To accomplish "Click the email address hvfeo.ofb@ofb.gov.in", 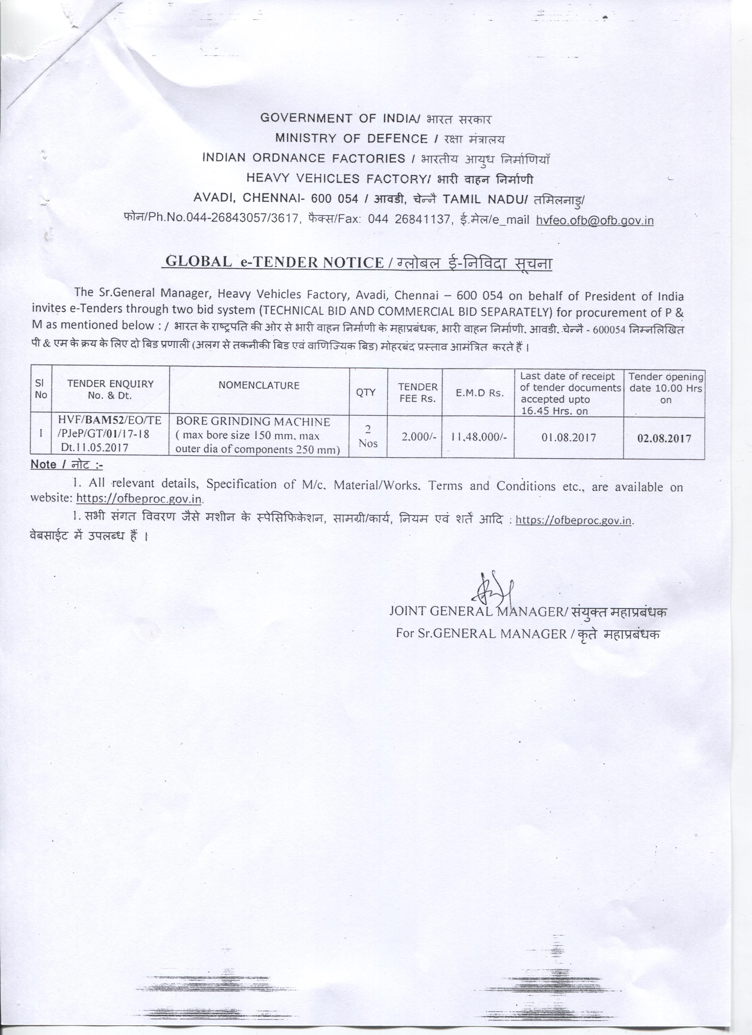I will [595, 221].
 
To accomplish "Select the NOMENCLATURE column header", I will [259, 386].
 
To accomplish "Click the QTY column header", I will [366, 392].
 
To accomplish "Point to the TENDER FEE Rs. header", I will [418, 392].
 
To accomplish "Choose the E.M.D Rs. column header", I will [480, 393].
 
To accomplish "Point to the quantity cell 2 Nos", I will [368, 436].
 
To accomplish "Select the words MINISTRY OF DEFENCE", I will [351, 138].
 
